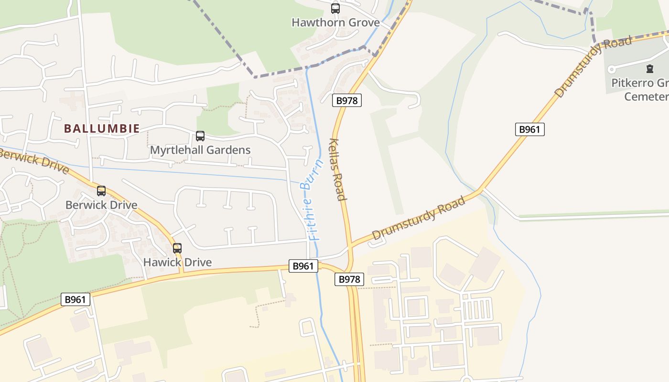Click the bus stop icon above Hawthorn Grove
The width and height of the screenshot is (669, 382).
(335, 8)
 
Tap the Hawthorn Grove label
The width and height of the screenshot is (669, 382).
(335, 22)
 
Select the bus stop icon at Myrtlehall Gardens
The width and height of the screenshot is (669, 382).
(200, 136)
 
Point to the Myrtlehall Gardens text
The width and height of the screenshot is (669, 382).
(200, 150)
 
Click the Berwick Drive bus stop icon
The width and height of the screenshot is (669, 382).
(101, 191)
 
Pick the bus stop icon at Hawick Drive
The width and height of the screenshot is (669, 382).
(177, 248)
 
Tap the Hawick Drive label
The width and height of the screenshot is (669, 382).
(177, 262)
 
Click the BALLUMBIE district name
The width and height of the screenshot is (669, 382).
(102, 128)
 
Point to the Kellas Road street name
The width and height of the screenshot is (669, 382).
(338, 170)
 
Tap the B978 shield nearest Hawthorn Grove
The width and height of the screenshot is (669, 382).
(347, 100)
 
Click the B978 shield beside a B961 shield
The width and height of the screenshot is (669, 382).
(349, 279)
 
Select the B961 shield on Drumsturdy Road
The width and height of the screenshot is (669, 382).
(529, 129)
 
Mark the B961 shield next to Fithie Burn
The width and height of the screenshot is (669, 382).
(303, 266)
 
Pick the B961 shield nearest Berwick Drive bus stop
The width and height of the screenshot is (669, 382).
(76, 299)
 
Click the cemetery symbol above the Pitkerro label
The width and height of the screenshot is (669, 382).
(649, 69)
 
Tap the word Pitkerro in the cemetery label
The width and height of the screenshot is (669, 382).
(630, 83)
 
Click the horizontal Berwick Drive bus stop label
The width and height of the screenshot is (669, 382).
(101, 205)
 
